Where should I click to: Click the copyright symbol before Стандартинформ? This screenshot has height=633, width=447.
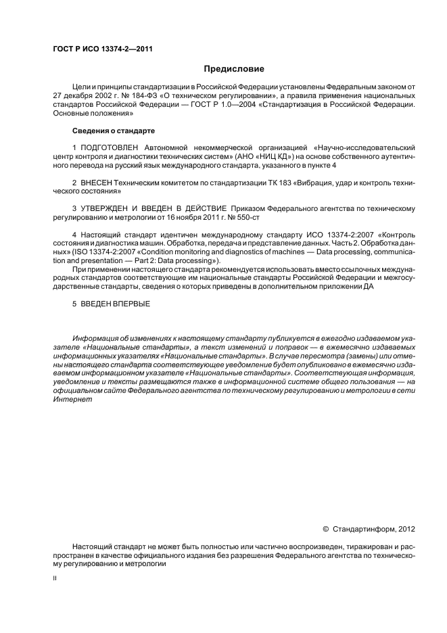tap(325, 528)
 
